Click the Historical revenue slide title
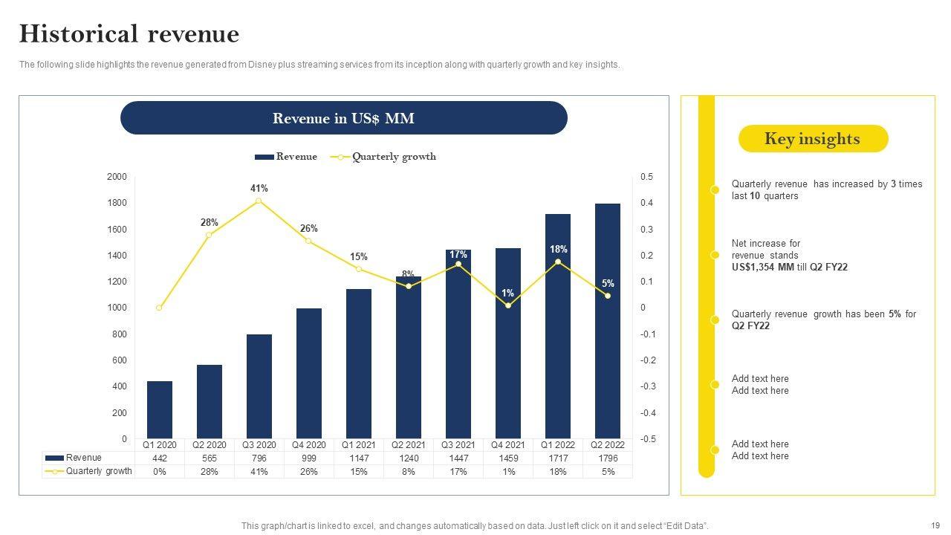tap(129, 34)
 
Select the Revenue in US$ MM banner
tap(343, 118)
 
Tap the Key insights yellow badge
tap(813, 139)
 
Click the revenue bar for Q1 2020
tap(160, 409)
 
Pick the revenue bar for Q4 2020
tap(309, 373)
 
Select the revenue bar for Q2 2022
tap(608, 321)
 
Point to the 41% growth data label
tap(259, 189)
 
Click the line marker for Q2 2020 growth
tap(209, 235)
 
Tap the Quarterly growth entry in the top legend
tap(394, 157)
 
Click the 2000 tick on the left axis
tap(117, 177)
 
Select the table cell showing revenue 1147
tap(359, 458)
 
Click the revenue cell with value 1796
tap(608, 458)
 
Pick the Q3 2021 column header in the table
tap(458, 445)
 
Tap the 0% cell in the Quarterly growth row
tap(160, 472)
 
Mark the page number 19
tap(935, 525)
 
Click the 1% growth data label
tap(507, 294)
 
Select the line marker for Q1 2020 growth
tap(159, 308)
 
